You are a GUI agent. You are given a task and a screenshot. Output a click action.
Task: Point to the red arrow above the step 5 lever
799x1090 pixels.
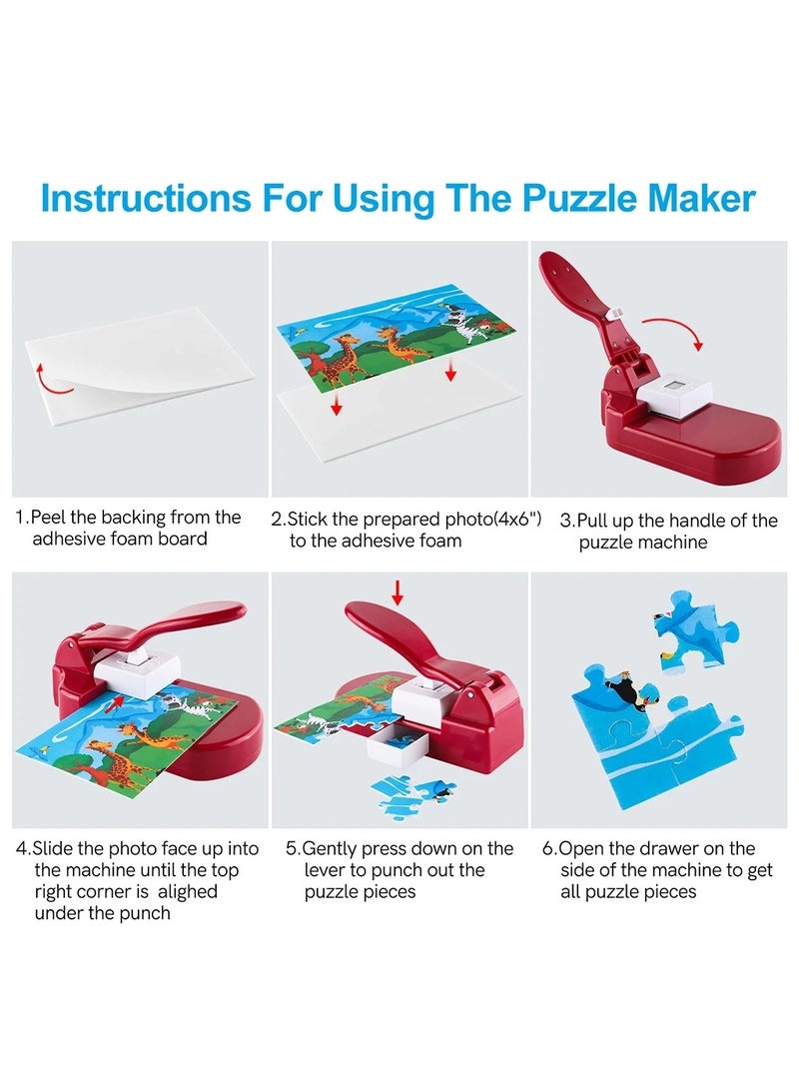point(398,593)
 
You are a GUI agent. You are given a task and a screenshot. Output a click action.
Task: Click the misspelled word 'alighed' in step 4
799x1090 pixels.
point(181,891)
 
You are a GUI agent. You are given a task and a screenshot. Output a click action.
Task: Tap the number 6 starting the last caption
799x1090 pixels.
point(548,848)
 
